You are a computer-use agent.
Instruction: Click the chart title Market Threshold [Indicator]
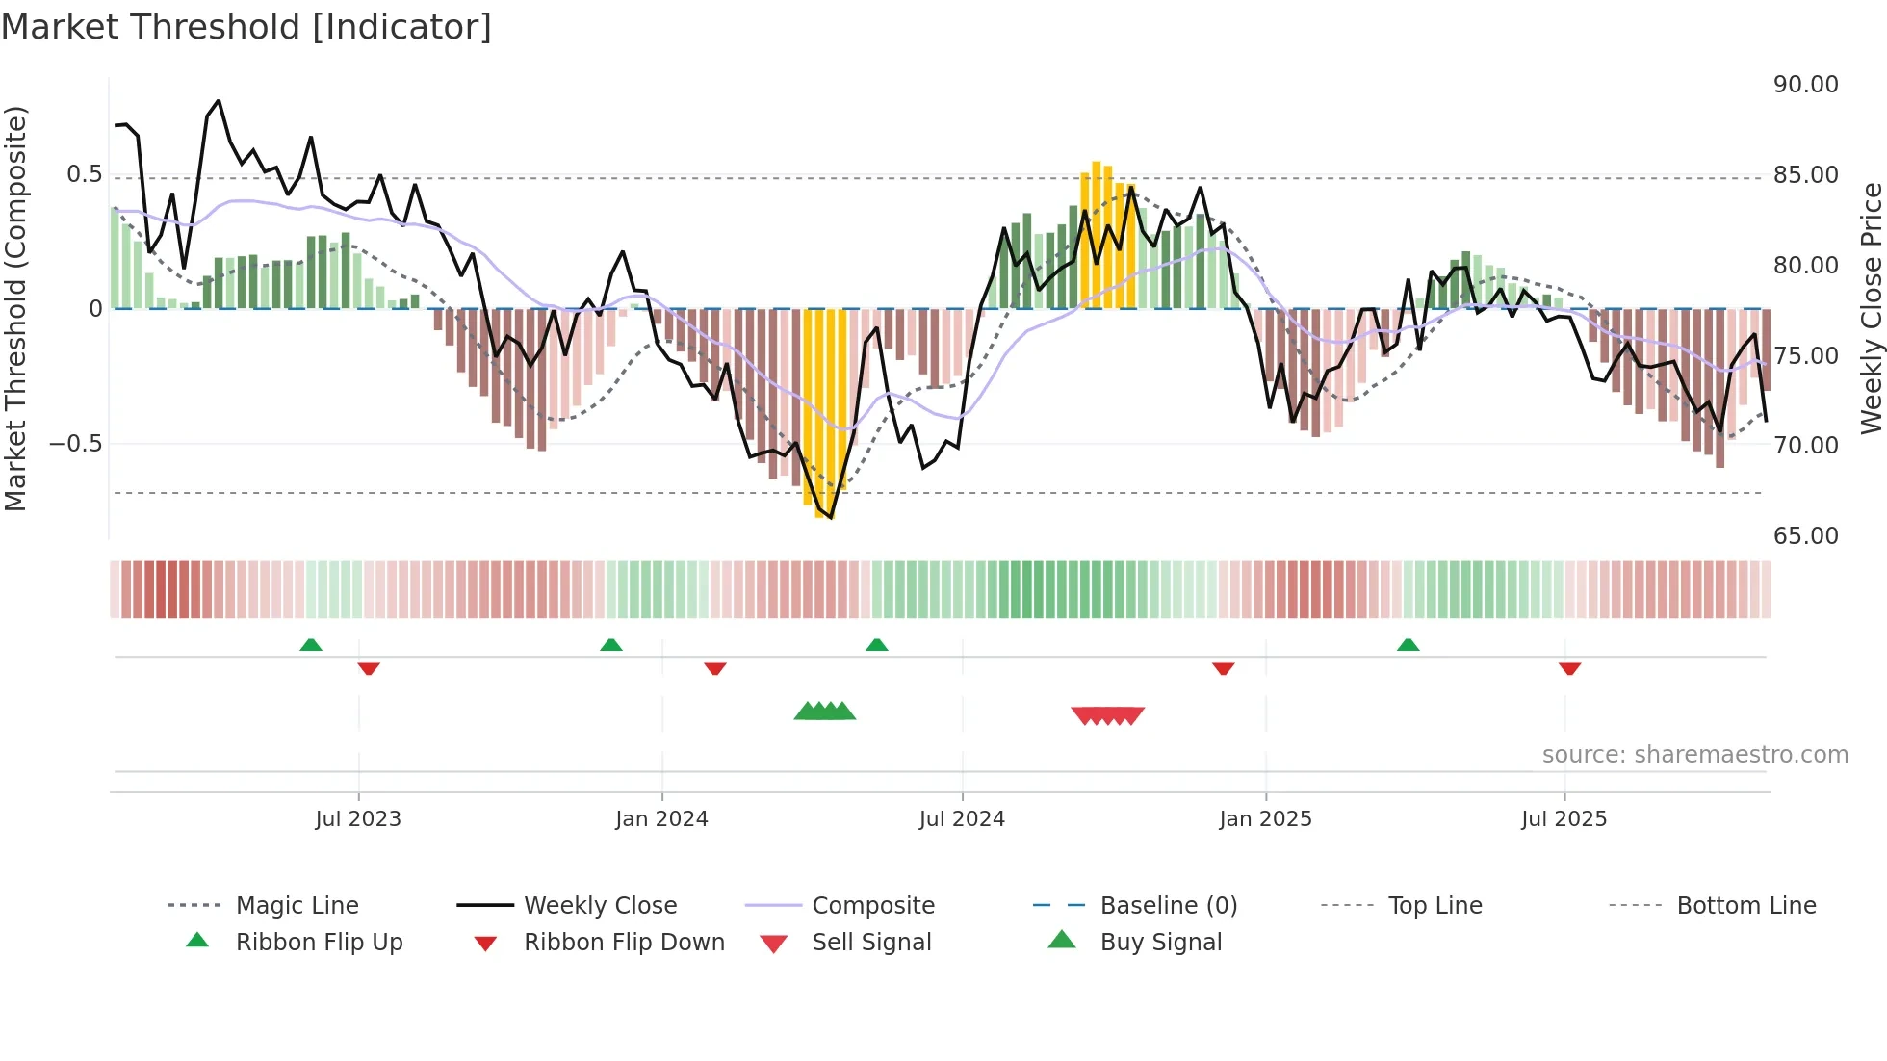tap(246, 27)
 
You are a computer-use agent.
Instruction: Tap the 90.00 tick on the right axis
tap(1805, 85)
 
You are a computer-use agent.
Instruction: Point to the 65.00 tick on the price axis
tap(1805, 536)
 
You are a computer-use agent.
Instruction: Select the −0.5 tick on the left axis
tap(75, 444)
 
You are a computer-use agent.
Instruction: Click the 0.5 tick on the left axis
tap(84, 174)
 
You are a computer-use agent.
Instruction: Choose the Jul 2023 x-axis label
tap(358, 819)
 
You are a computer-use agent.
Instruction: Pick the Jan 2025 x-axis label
tap(1265, 819)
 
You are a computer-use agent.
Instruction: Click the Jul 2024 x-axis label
tap(962, 819)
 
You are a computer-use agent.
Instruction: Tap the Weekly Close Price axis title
tap(1871, 308)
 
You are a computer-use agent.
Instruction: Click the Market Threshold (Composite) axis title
tap(15, 308)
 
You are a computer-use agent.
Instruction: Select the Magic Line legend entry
tap(297, 906)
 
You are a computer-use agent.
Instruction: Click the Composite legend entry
tap(873, 906)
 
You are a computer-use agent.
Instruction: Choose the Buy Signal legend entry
tap(1160, 943)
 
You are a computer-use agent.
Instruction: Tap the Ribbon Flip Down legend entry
tap(624, 943)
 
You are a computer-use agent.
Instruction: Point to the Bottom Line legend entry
tap(1745, 906)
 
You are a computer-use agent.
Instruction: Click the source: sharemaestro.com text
tap(1694, 755)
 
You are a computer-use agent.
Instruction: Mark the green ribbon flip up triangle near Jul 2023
tap(310, 645)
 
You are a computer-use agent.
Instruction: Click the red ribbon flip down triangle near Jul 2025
tap(1569, 668)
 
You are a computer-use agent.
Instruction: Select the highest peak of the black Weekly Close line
tap(219, 101)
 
